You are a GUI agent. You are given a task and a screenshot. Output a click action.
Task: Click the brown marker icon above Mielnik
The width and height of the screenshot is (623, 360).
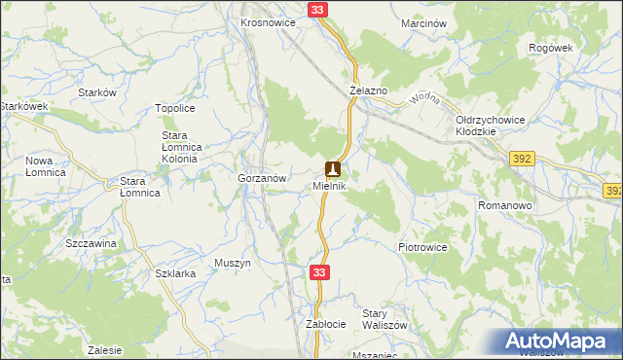[332, 168]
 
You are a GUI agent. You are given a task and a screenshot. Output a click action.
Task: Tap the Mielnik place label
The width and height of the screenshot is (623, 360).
[330, 185]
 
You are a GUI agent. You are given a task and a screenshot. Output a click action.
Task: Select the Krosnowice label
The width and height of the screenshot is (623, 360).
[269, 22]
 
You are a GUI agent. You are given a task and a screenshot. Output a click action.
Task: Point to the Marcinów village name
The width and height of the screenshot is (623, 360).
[422, 22]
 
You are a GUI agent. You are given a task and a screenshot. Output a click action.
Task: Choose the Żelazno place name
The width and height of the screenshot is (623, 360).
[369, 90]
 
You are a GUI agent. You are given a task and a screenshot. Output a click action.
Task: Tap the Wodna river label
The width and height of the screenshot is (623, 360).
[425, 100]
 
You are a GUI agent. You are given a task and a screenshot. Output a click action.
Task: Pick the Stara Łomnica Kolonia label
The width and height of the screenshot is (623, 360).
[179, 147]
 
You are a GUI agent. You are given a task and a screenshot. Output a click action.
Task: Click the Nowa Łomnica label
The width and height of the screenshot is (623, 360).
[46, 166]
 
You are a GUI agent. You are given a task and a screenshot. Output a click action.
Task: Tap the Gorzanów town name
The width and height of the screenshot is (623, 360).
[261, 179]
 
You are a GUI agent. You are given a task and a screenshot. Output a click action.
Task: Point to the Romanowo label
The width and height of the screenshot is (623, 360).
[503, 206]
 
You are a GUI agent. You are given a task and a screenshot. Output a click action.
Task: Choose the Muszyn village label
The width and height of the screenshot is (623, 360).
[233, 264]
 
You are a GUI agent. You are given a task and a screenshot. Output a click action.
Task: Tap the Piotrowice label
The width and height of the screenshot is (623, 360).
[422, 248]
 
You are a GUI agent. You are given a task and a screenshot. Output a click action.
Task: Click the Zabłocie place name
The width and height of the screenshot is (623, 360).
[326, 323]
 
